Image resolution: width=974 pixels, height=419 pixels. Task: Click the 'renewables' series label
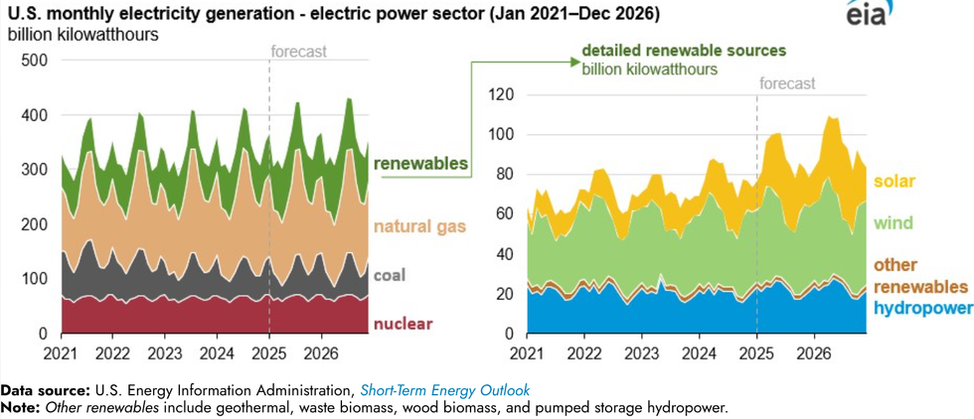tap(421, 164)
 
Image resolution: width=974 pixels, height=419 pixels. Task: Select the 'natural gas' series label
tap(419, 226)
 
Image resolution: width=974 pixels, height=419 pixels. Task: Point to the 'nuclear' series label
tap(403, 324)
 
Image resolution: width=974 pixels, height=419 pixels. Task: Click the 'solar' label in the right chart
tap(894, 182)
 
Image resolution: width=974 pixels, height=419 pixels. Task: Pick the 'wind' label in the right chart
tap(893, 223)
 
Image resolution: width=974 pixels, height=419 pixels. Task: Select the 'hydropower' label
tap(923, 309)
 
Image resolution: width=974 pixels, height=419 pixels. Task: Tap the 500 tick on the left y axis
tap(33, 61)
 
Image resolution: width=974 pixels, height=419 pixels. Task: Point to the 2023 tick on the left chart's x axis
tap(165, 353)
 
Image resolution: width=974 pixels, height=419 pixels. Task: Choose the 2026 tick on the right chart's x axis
tap(815, 353)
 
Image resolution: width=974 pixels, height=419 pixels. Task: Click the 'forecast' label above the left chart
tap(299, 53)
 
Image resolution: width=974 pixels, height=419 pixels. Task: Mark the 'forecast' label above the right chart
tap(787, 84)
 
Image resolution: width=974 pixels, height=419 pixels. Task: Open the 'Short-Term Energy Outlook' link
tap(445, 390)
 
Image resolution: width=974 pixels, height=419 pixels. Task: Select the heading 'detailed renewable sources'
tap(684, 50)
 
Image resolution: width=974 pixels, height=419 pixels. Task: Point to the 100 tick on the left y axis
tap(33, 279)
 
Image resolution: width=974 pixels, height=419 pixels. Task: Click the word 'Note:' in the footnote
tap(22, 407)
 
